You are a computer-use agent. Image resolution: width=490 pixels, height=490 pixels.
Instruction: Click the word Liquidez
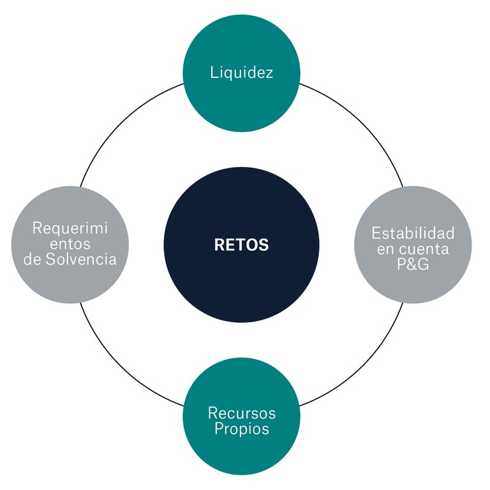pos(241,72)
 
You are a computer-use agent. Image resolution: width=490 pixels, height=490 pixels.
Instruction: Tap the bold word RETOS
pos(241,245)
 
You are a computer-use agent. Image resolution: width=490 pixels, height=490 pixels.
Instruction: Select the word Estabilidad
pos(413,232)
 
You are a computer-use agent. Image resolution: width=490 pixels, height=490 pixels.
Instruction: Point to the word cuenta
pos(422,248)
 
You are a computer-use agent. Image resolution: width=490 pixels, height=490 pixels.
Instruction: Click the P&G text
pos(413,264)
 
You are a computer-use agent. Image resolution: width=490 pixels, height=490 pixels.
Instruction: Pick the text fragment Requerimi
pos(70,228)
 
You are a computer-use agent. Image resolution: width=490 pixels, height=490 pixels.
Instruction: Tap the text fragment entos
pos(70,244)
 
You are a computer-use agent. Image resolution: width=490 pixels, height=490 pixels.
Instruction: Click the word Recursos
pos(241,413)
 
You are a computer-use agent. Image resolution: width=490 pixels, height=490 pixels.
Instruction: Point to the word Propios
pos(241,429)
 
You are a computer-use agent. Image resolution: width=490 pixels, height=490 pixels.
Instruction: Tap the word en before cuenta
pos(385,248)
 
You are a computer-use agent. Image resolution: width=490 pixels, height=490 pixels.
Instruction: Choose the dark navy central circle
pos(241,281)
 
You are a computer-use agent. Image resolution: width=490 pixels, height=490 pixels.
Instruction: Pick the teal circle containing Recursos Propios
pos(241,453)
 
